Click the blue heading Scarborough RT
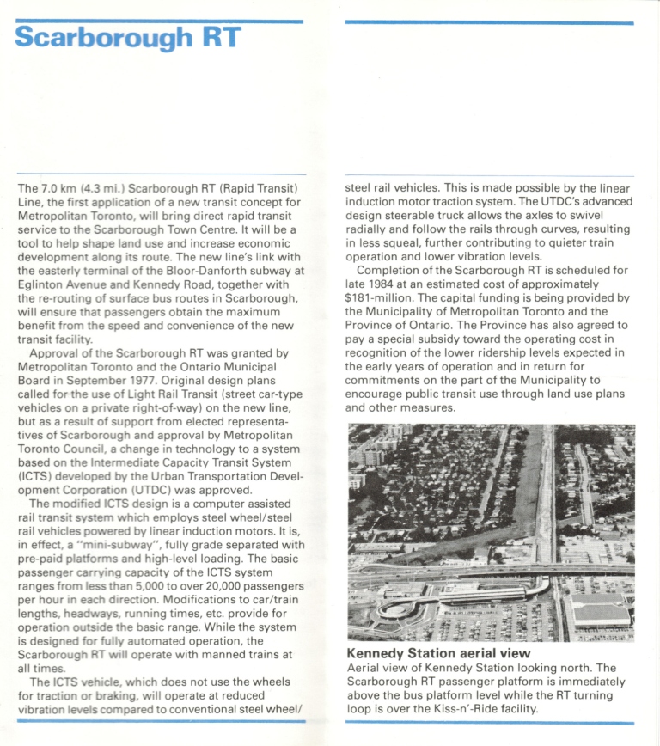point(127,39)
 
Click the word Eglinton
point(44,284)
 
